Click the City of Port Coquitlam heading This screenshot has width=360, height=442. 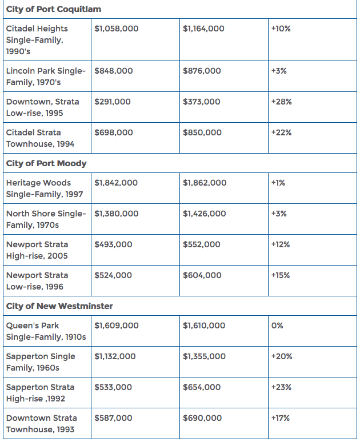tap(54, 9)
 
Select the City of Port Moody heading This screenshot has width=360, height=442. tap(46, 163)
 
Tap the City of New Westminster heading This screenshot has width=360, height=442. tap(59, 306)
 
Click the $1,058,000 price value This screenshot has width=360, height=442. tap(117, 29)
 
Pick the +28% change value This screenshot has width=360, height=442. tap(281, 102)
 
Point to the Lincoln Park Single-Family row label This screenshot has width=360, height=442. tap(46, 77)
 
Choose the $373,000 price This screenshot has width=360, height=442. tap(202, 102)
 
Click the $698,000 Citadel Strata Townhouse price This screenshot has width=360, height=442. tap(114, 132)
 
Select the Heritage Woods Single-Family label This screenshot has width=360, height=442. tap(45, 188)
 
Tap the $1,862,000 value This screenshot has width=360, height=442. tap(205, 183)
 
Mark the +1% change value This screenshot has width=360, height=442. tap(278, 183)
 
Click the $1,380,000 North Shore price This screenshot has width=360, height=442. tap(117, 214)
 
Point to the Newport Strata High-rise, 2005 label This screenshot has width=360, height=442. tap(37, 250)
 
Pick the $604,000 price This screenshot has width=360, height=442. tap(202, 275)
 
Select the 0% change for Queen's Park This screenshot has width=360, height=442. tap(277, 326)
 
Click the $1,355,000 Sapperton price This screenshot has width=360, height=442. tap(204, 356)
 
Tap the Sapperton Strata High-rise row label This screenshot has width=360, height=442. tap(41, 393)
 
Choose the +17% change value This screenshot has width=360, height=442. tap(281, 418)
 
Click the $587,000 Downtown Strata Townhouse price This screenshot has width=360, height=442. tap(113, 419)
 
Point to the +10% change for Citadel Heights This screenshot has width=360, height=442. tap(281, 29)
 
